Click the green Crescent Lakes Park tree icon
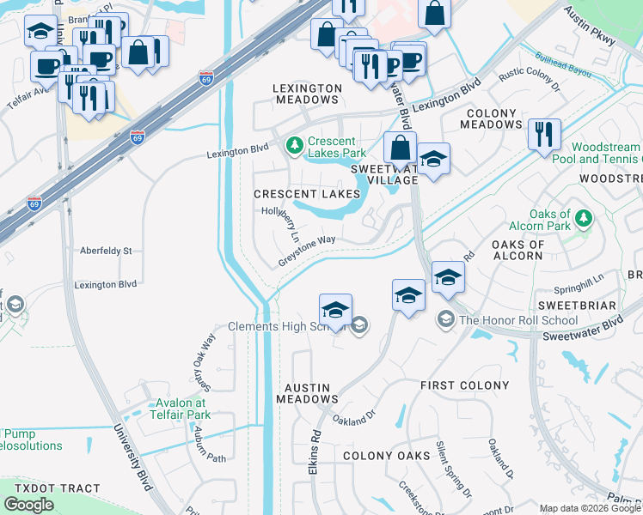pyautogui.click(x=294, y=143)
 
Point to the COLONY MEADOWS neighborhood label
pyautogui.click(x=492, y=118)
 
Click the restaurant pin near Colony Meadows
pyautogui.click(x=544, y=136)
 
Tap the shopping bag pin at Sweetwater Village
pyautogui.click(x=400, y=148)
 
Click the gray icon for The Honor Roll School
pyautogui.click(x=445, y=319)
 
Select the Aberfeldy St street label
pyautogui.click(x=105, y=251)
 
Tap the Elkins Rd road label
pyautogui.click(x=316, y=447)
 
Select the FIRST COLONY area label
pyautogui.click(x=465, y=385)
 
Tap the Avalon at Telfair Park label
pyautogui.click(x=182, y=409)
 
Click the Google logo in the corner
pyautogui.click(x=28, y=504)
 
